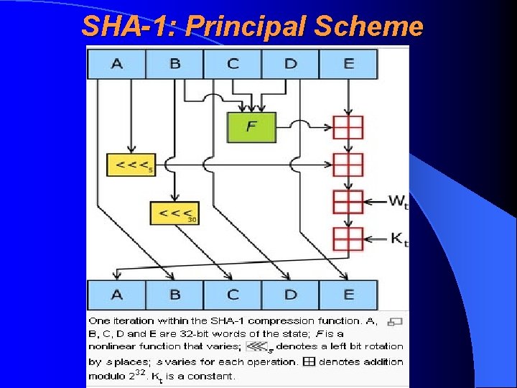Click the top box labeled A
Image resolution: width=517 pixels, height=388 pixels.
pyautogui.click(x=116, y=64)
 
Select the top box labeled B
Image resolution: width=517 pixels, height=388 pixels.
pyautogui.click(x=174, y=64)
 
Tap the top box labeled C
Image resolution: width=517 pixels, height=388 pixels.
pyautogui.click(x=233, y=64)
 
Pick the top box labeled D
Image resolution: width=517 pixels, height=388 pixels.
pyautogui.click(x=290, y=64)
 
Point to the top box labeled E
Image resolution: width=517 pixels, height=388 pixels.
pyautogui.click(x=348, y=64)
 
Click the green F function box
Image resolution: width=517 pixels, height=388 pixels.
pyautogui.click(x=251, y=127)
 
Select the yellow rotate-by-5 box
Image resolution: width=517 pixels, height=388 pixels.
pyautogui.click(x=130, y=165)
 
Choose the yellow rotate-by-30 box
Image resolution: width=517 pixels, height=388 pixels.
pyautogui.click(x=174, y=213)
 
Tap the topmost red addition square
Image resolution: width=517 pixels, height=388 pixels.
pyautogui.click(x=348, y=127)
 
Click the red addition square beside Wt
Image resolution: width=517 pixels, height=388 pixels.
pyautogui.click(x=348, y=201)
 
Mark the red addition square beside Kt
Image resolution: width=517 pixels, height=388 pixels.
pyautogui.click(x=348, y=239)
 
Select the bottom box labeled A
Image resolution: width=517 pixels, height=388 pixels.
pyautogui.click(x=116, y=295)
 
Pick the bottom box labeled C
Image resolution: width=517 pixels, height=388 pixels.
pyautogui.click(x=233, y=295)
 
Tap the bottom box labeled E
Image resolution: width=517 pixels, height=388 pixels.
pyautogui.click(x=348, y=295)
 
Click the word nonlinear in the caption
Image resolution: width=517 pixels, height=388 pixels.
pyautogui.click(x=113, y=346)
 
